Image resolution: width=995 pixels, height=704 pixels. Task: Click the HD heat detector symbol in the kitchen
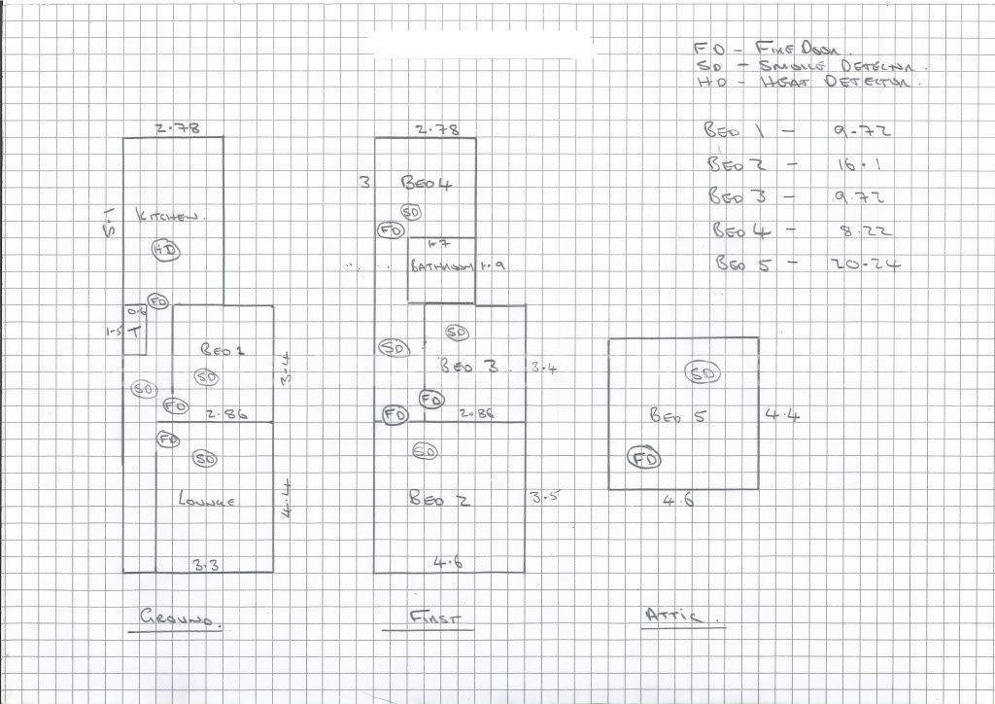167,251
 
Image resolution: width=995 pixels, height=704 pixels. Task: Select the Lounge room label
208,501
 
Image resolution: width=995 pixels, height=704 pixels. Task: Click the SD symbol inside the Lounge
204,458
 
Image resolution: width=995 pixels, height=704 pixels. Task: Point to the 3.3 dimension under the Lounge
205,565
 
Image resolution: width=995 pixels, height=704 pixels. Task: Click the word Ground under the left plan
180,617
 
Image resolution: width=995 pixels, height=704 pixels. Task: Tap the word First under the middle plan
434,617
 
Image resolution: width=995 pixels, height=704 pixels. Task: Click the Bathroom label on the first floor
442,266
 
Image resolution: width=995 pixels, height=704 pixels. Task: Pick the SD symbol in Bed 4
410,212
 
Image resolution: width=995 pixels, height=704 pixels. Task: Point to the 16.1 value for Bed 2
856,164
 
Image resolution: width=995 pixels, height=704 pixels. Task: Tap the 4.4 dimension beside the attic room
782,416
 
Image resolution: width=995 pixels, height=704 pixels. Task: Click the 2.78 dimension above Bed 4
436,129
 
